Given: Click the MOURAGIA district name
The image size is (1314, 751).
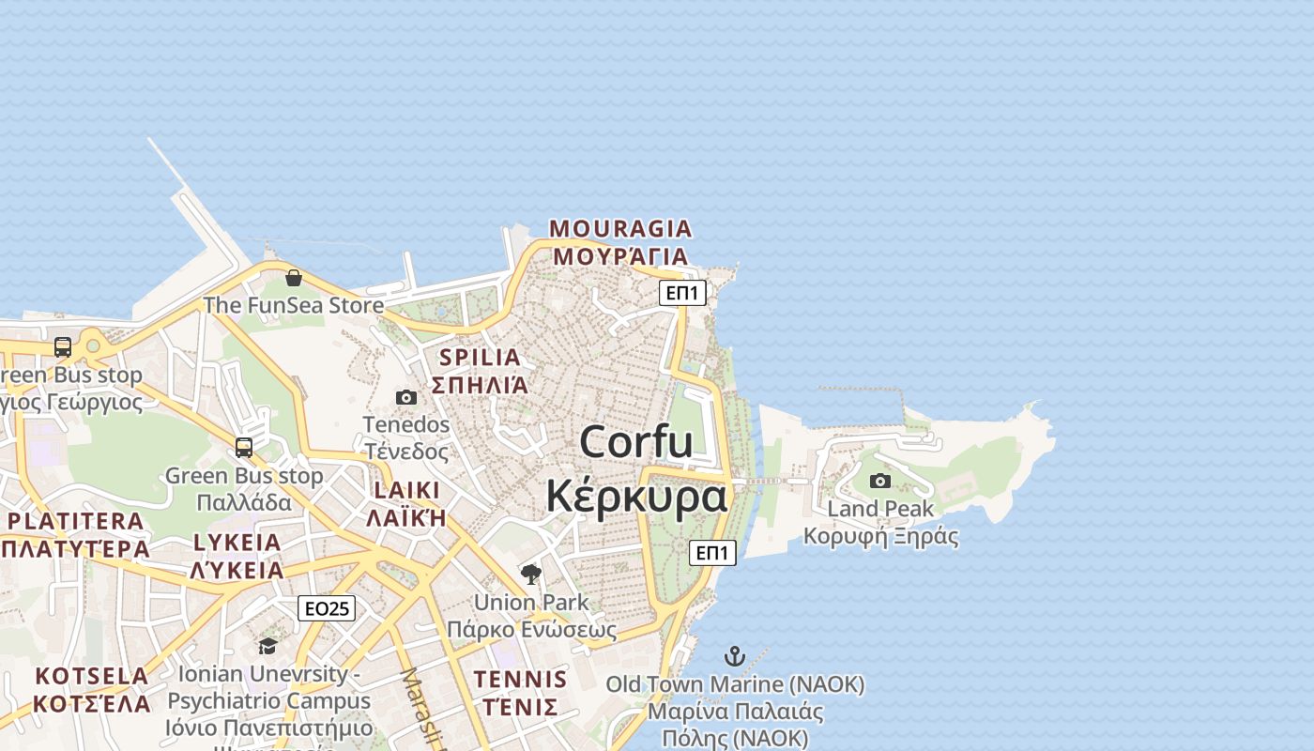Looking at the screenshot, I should [620, 228].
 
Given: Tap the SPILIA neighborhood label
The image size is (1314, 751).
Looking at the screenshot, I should [480, 358].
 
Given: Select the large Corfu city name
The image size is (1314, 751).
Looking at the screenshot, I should [636, 442].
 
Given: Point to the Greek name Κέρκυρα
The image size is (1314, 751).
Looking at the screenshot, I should [636, 496].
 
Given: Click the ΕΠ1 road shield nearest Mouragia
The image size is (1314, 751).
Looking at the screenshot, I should [681, 293].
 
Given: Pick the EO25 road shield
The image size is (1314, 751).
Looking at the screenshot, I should [327, 608].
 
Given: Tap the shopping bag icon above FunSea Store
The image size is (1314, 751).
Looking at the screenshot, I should [294, 278].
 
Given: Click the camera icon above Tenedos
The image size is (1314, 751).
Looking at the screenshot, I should [406, 397].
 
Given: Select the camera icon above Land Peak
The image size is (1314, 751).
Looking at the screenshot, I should [880, 482].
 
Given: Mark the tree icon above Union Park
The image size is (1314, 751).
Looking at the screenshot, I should [531, 574].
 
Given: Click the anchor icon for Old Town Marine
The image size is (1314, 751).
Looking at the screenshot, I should [735, 656].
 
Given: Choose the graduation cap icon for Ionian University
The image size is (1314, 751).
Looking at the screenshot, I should [268, 646].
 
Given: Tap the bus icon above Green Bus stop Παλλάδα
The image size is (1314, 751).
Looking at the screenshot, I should [244, 448].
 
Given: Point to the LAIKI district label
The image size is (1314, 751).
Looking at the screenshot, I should [406, 490].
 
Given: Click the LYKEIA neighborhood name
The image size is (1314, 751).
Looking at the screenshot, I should [237, 543].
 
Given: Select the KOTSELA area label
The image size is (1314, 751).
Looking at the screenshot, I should [92, 676].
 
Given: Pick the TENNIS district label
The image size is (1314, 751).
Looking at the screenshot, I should [520, 680].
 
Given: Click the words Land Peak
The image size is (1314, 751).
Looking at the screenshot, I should [880, 509].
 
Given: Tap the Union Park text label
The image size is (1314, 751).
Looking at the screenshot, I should [531, 603].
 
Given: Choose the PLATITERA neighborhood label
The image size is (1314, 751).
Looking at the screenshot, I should [76, 521].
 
